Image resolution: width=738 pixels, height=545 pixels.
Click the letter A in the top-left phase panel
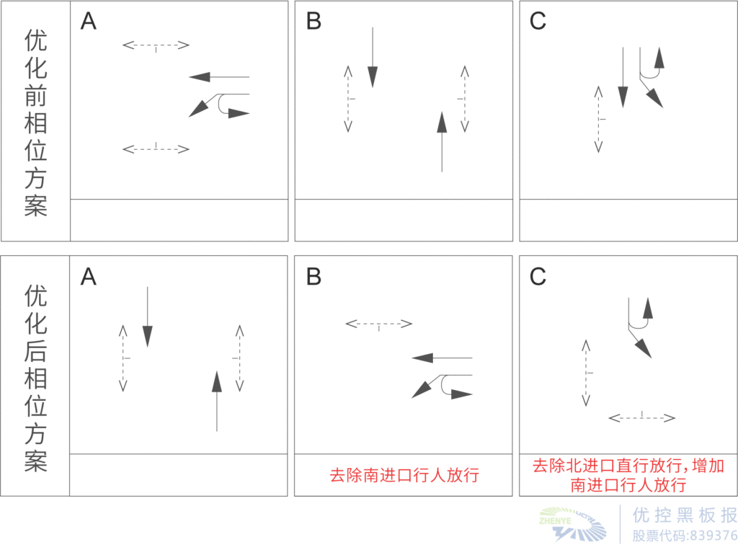click(x=88, y=22)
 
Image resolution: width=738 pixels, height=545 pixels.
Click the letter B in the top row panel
click(x=314, y=22)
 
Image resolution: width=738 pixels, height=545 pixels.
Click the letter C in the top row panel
click(x=538, y=22)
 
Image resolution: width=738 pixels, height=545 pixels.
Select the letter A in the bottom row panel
click(x=88, y=277)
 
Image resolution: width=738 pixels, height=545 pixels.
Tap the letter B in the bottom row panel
click(x=314, y=277)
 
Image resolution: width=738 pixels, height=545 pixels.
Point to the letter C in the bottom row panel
click(x=538, y=277)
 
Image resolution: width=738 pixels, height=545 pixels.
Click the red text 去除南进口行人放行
click(x=404, y=476)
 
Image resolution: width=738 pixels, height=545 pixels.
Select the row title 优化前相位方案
click(x=35, y=123)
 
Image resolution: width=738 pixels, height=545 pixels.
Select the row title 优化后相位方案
click(x=35, y=378)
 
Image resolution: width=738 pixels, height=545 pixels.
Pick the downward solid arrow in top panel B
click(x=372, y=58)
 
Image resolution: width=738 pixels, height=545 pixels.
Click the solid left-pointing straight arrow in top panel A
click(x=219, y=76)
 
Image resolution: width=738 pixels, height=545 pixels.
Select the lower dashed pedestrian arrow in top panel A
click(x=156, y=149)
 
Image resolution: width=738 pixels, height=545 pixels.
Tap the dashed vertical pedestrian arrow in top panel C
click(x=597, y=119)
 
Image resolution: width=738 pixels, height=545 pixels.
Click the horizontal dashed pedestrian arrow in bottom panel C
click(x=642, y=417)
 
